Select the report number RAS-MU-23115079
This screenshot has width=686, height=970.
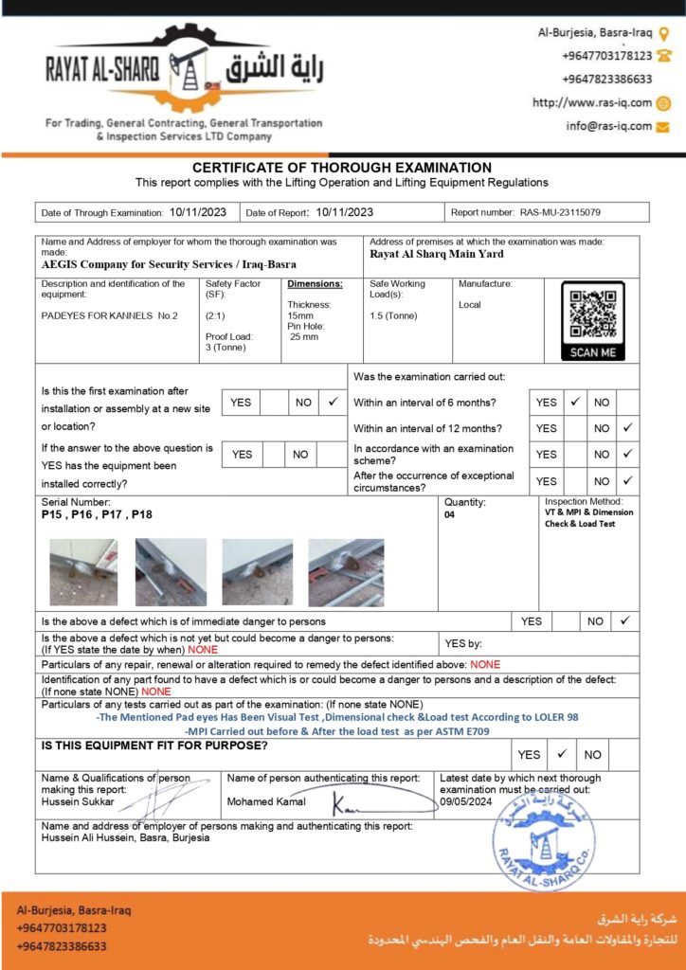click(560, 213)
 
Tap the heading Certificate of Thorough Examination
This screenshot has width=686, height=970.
click(342, 168)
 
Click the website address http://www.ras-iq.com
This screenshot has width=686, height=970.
click(592, 103)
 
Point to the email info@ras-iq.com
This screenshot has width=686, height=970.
click(608, 126)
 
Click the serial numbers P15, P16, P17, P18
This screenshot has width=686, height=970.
click(97, 515)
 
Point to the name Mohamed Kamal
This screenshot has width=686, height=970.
click(266, 802)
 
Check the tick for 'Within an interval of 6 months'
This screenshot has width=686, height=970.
click(575, 403)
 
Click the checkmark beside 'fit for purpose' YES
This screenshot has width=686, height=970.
click(562, 754)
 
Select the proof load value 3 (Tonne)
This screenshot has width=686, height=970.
click(226, 347)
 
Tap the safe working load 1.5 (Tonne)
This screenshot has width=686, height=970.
click(393, 315)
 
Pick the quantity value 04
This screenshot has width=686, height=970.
click(450, 515)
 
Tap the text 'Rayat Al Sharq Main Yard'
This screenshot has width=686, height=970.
click(437, 253)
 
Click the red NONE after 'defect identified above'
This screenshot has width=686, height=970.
click(485, 664)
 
